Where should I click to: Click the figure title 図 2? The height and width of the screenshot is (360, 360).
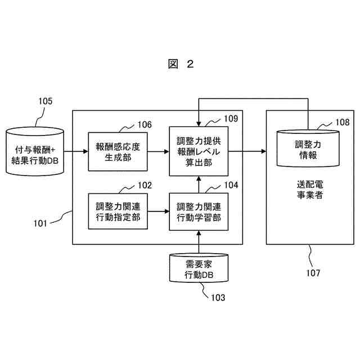[181, 64]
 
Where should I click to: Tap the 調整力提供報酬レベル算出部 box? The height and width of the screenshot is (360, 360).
[199, 151]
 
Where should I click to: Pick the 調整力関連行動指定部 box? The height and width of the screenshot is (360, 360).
[118, 211]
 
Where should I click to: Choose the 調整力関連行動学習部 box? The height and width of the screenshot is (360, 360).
[199, 211]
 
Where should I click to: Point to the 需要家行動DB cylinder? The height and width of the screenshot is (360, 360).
[199, 269]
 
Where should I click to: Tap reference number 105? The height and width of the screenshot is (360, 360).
[45, 101]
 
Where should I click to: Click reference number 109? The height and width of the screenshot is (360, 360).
[230, 119]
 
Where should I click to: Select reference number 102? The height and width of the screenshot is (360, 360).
[144, 184]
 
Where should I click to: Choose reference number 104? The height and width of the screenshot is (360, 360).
[231, 184]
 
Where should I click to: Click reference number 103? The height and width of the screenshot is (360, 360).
[217, 297]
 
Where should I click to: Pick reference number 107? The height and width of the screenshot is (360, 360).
[314, 273]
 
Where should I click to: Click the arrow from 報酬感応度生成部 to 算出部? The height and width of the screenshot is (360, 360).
[159, 151]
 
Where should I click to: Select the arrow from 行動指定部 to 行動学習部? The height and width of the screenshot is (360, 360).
[159, 211]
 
